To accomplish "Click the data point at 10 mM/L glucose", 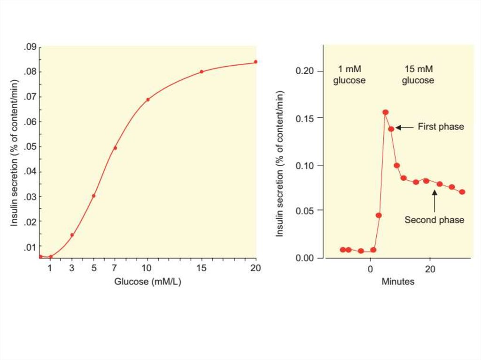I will [147, 100].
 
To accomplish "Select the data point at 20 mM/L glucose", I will [256, 61].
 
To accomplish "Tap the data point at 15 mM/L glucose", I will [202, 72].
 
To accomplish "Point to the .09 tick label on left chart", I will [31, 47].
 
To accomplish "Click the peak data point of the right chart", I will [385, 112].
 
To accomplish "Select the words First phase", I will [441, 127].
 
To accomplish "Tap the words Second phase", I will [434, 220].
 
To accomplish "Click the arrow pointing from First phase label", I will [404, 127].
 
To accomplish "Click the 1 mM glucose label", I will [349, 75].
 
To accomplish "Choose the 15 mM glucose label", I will [419, 75].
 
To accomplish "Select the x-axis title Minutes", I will [397, 282].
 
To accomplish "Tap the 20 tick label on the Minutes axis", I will [429, 269].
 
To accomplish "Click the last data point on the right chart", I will [462, 192].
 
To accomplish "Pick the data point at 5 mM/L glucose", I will [93, 196].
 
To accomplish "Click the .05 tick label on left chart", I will [31, 146].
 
